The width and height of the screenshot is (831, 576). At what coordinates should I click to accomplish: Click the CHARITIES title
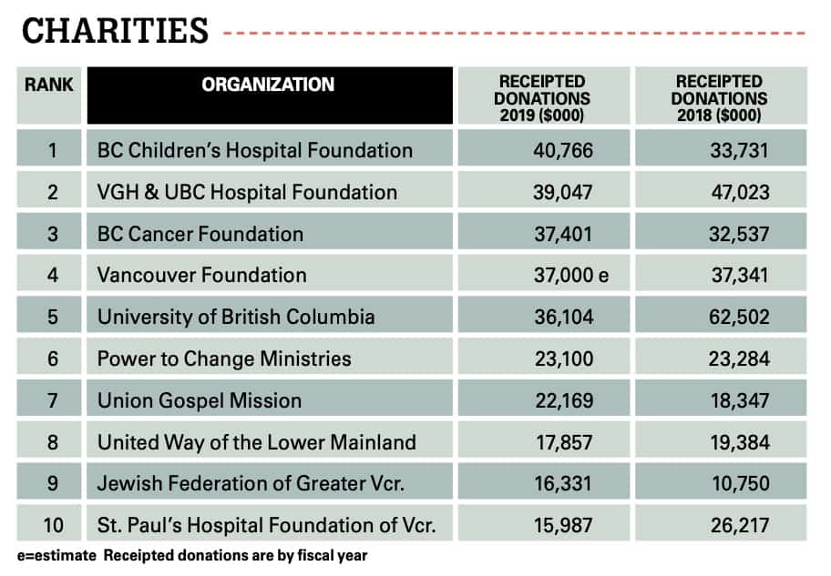click(115, 31)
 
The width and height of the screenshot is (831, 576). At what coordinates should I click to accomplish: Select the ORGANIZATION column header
click(268, 86)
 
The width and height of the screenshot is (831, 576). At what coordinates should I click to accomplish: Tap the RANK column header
click(49, 85)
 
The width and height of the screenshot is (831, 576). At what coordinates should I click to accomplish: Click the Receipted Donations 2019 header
click(545, 98)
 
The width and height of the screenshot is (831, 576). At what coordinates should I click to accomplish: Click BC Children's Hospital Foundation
click(255, 150)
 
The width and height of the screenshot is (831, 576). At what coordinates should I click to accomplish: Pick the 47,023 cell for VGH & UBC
click(739, 192)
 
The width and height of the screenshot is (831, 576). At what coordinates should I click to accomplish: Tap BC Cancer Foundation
click(200, 234)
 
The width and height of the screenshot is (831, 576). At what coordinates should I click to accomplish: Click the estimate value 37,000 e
click(570, 276)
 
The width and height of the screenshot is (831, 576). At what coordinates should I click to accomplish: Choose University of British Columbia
click(236, 318)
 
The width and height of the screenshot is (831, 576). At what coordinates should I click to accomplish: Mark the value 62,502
click(739, 318)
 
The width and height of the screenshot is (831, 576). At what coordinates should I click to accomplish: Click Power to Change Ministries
click(224, 359)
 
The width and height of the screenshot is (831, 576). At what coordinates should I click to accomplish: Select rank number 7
click(52, 400)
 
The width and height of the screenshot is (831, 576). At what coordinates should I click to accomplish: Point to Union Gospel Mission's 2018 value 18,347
click(739, 400)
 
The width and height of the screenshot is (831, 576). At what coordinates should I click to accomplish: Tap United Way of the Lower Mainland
click(257, 442)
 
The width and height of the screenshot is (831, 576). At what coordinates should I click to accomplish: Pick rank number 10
click(52, 525)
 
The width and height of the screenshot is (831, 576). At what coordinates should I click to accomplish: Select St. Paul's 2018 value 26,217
click(739, 525)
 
